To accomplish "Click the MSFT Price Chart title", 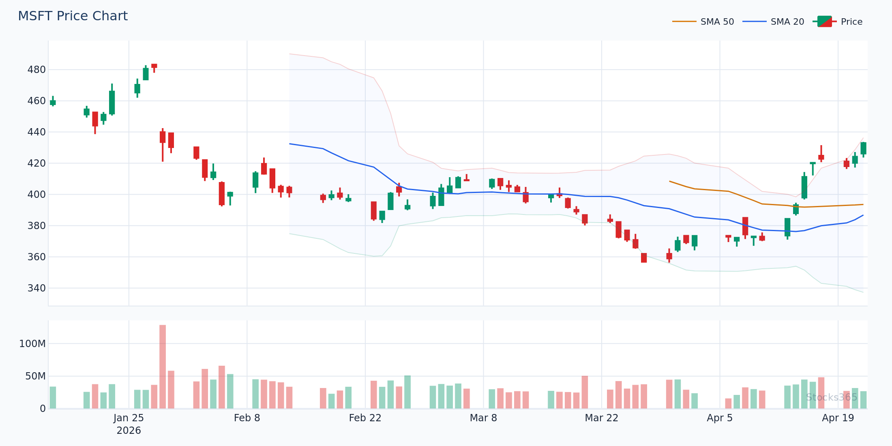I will click(73, 16).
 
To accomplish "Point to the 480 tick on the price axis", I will click(36, 70).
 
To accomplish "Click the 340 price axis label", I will click(36, 288).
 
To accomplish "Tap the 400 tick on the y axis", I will click(36, 195).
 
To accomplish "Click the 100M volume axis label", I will click(32, 344).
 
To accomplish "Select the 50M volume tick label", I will click(35, 376).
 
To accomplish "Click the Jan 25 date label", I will click(129, 418).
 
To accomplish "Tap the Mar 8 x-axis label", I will click(483, 418).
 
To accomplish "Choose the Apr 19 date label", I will click(838, 418).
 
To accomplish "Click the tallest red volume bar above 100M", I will click(163, 365).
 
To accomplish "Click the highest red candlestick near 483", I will click(154, 66).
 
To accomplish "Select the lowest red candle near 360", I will click(644, 258).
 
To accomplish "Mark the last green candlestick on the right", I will click(863, 148).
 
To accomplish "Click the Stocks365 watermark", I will click(831, 397).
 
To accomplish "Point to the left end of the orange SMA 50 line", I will click(670, 182).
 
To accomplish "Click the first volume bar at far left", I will click(53, 397).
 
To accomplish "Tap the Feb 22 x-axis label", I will click(365, 418).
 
